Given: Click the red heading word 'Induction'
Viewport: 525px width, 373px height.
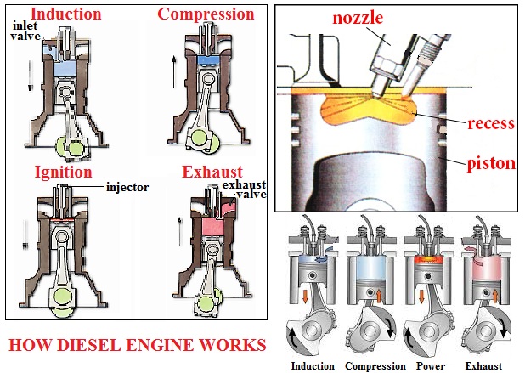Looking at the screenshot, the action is (65, 14).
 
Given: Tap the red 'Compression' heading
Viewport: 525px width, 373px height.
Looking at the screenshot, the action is (206, 14).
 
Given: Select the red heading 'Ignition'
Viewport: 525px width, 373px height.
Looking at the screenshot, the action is (63, 172).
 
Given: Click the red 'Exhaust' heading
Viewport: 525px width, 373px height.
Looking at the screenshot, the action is (212, 172).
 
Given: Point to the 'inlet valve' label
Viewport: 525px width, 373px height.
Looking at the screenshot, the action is (25, 31).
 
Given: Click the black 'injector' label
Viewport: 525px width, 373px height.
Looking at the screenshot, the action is (127, 187).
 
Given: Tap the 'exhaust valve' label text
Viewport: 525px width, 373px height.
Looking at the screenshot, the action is (244, 189).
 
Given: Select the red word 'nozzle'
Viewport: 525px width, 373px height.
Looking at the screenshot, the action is (358, 18).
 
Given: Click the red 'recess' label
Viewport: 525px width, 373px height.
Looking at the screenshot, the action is (491, 123).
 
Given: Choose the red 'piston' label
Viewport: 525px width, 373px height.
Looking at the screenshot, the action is (491, 164).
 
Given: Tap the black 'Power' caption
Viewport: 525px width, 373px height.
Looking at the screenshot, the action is (431, 366).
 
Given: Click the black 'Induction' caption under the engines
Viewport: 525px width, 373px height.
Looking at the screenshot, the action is (313, 366).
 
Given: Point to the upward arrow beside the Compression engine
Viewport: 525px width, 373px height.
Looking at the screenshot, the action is (174, 72).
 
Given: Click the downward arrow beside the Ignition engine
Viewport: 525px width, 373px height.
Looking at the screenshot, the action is (25, 235).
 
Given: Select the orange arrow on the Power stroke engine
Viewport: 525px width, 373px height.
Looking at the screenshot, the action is (421, 296).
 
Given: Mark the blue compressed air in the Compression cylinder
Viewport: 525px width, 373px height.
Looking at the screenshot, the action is (208, 60).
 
